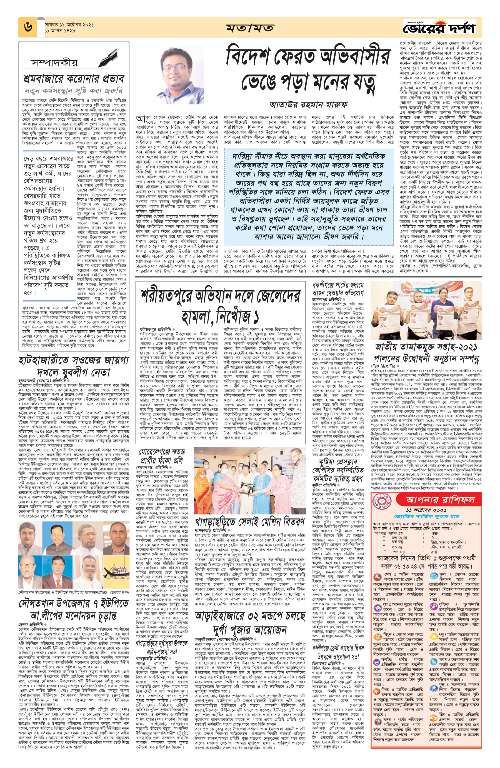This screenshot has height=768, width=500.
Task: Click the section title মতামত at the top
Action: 250,28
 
